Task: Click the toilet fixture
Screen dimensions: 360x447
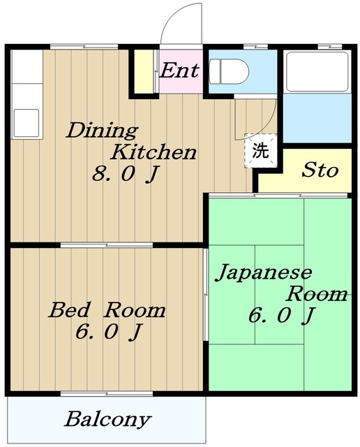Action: coord(229,71)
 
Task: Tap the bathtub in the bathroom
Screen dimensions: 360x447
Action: coord(317,71)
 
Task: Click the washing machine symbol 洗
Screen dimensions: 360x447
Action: coord(261,151)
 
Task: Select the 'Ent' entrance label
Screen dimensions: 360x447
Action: coord(179,71)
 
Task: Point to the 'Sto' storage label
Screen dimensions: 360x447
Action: coord(320,170)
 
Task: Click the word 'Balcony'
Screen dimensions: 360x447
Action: coord(107,419)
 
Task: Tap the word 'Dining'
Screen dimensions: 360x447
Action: coord(102,131)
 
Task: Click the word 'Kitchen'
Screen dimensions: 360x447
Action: coord(153,152)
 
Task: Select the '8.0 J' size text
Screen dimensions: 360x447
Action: coord(125,174)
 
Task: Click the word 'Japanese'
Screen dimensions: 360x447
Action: coord(264,273)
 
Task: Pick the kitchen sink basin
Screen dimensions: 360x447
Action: coord(27,123)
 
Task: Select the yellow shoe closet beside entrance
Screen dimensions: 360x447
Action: coord(143,71)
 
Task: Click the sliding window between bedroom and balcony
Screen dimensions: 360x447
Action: coord(107,394)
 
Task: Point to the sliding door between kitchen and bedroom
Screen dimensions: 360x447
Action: coord(107,245)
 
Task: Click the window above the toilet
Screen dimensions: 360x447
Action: coord(255,47)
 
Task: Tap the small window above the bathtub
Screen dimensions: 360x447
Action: coord(330,47)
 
